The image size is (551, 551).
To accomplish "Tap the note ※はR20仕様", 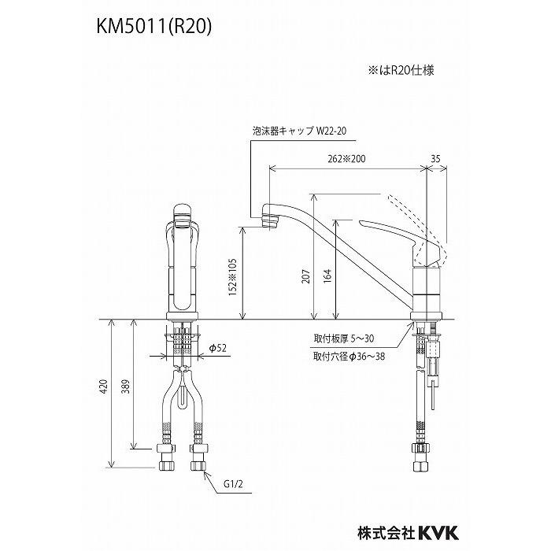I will pos(403,69).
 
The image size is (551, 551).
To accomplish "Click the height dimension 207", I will pos(305,275).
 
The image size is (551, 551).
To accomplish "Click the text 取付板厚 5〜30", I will pos(345,340).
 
